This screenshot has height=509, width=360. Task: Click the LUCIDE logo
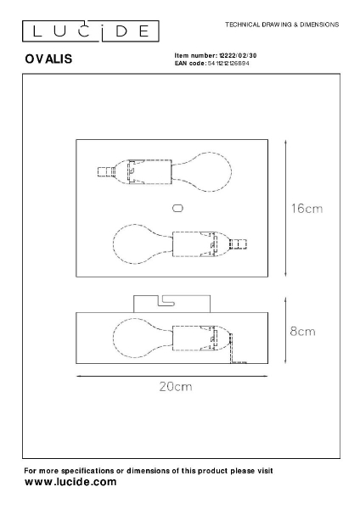click(91, 31)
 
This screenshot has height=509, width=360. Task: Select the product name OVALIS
click(48, 59)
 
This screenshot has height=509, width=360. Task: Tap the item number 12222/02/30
click(238, 55)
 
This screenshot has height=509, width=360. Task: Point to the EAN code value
click(228, 64)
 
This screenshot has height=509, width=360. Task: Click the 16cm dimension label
click(307, 209)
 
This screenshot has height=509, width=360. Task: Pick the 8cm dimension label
click(302, 332)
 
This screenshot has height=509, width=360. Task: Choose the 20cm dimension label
click(176, 386)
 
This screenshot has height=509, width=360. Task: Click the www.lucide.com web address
click(70, 482)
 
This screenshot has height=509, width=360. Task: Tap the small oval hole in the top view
click(177, 208)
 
